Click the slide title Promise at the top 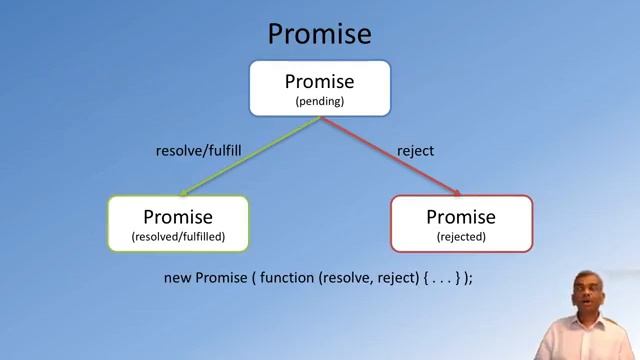coord(319,35)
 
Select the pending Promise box coord(319,88)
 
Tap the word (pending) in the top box coord(319,101)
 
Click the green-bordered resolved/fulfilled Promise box coord(178,223)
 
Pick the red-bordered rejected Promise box coord(461,223)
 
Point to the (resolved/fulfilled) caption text coord(178,237)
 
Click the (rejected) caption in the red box coord(461,237)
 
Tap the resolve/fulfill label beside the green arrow coord(199,151)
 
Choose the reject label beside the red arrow coord(415,151)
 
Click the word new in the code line coord(177,277)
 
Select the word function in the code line coord(287,277)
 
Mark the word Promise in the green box coord(178,216)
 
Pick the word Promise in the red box coord(461,216)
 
